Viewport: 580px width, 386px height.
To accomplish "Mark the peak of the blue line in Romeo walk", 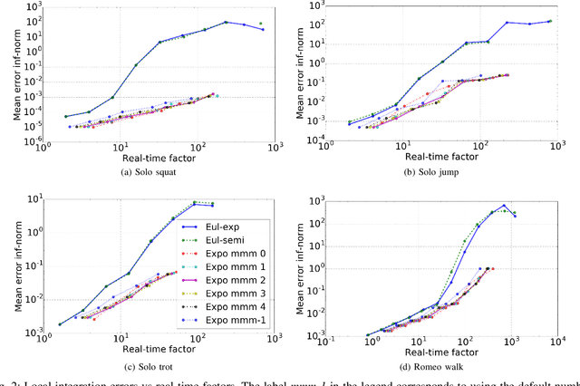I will pos(504,206).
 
